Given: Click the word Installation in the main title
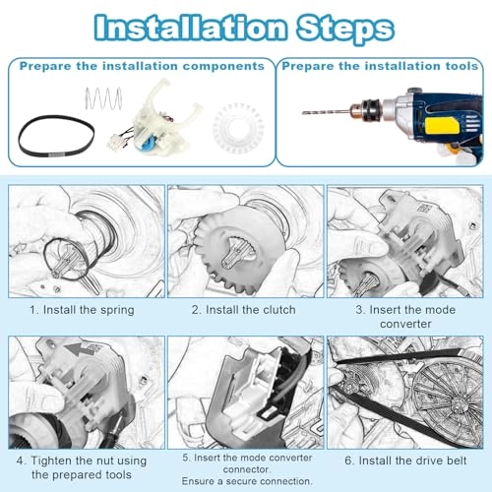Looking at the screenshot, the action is [x=190, y=28].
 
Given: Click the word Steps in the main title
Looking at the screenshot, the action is [x=345, y=29].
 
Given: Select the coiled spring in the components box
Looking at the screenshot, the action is [x=103, y=98].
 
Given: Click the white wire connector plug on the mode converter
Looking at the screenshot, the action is [x=115, y=142].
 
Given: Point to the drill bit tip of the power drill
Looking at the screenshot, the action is [x=303, y=113].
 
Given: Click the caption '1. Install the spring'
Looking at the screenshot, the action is [x=82, y=310].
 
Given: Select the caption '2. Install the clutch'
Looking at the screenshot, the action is [x=243, y=310].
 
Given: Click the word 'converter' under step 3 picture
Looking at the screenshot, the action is [x=405, y=324].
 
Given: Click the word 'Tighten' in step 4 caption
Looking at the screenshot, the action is [x=51, y=461].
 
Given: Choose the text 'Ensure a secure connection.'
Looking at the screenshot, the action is [x=247, y=481].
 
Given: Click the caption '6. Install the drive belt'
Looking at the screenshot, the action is [x=405, y=461].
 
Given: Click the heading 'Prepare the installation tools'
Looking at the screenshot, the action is [x=380, y=66].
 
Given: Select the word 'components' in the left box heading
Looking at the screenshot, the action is [x=223, y=66].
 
